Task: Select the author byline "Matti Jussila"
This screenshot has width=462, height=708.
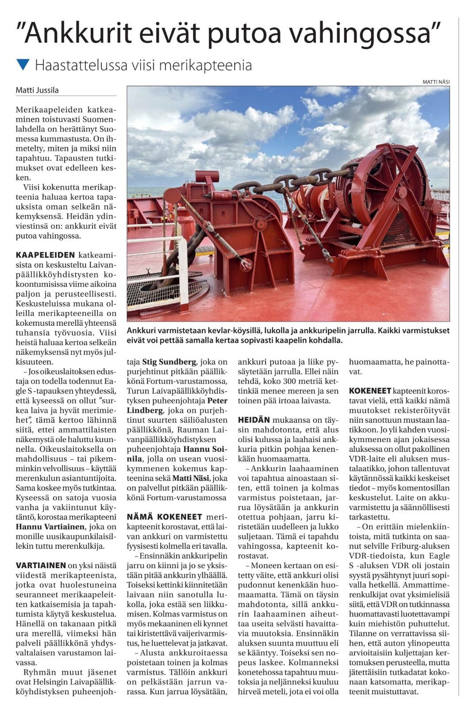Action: pos(37,90)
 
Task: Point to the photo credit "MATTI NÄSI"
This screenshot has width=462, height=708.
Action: pos(436,81)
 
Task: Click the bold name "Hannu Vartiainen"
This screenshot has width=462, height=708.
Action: pos(50,527)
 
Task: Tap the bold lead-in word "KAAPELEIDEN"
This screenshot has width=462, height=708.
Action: pos(45,255)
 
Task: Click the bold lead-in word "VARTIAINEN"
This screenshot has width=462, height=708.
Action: pos(41,566)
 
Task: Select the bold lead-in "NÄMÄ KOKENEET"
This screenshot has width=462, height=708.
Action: pos(164,517)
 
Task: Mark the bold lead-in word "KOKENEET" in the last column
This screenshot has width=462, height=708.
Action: pos(370,391)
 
